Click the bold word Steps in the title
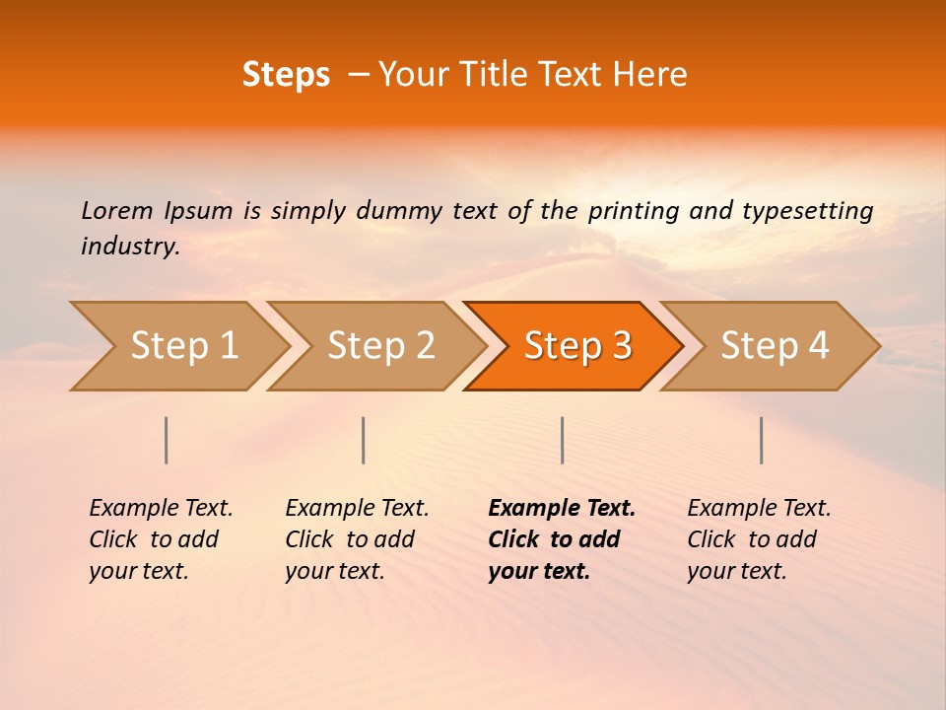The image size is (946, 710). coord(286,75)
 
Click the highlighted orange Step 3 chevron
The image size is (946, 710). coord(577,346)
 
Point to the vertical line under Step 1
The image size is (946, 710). coord(167,440)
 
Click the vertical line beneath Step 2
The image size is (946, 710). coord(364,440)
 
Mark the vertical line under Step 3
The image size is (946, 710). coord(562,440)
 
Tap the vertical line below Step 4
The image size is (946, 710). coord(762,440)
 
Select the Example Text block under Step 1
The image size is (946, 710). coord(161,539)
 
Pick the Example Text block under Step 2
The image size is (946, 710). coord(357,539)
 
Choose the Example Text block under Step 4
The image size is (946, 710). coord(759,539)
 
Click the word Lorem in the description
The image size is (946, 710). coord(117,210)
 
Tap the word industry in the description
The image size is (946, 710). coord(129,247)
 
